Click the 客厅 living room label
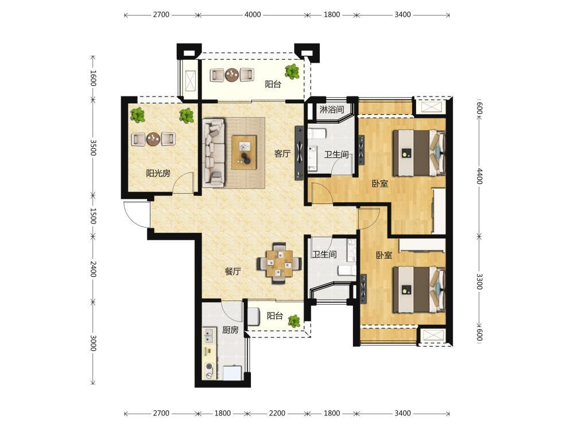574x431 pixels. [282, 154]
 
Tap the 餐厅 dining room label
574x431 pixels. [233, 272]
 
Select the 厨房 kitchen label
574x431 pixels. [230, 330]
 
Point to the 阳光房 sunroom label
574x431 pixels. [158, 174]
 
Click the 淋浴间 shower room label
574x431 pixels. [332, 109]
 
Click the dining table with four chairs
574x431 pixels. [279, 263]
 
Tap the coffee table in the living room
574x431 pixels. [244, 152]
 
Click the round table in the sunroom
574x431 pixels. [153, 139]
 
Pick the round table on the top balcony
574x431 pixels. [232, 75]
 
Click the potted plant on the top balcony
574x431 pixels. [292, 72]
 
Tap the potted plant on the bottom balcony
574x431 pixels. [294, 321]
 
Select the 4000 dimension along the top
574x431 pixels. [253, 15]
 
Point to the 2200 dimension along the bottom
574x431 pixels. [277, 413]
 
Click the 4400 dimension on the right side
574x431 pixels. [479, 176]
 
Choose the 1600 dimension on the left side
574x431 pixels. [93, 78]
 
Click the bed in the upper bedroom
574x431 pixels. [419, 153]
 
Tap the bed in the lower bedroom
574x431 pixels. [419, 290]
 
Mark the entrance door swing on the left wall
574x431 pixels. [135, 214]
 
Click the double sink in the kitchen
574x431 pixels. [209, 333]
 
